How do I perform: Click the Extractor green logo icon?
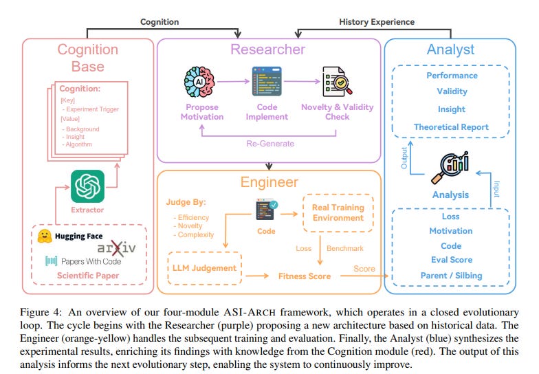pyautogui.click(x=87, y=186)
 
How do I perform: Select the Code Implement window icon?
pyautogui.click(x=267, y=82)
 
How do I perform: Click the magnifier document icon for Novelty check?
pyautogui.click(x=335, y=82)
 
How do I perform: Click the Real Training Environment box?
pyautogui.click(x=339, y=213)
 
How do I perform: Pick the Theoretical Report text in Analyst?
pyautogui.click(x=451, y=126)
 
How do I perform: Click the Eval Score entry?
pyautogui.click(x=451, y=259)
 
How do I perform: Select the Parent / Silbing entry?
pyautogui.click(x=451, y=275)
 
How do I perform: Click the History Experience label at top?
pyautogui.click(x=377, y=22)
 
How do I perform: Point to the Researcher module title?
pyautogui.click(x=267, y=49)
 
